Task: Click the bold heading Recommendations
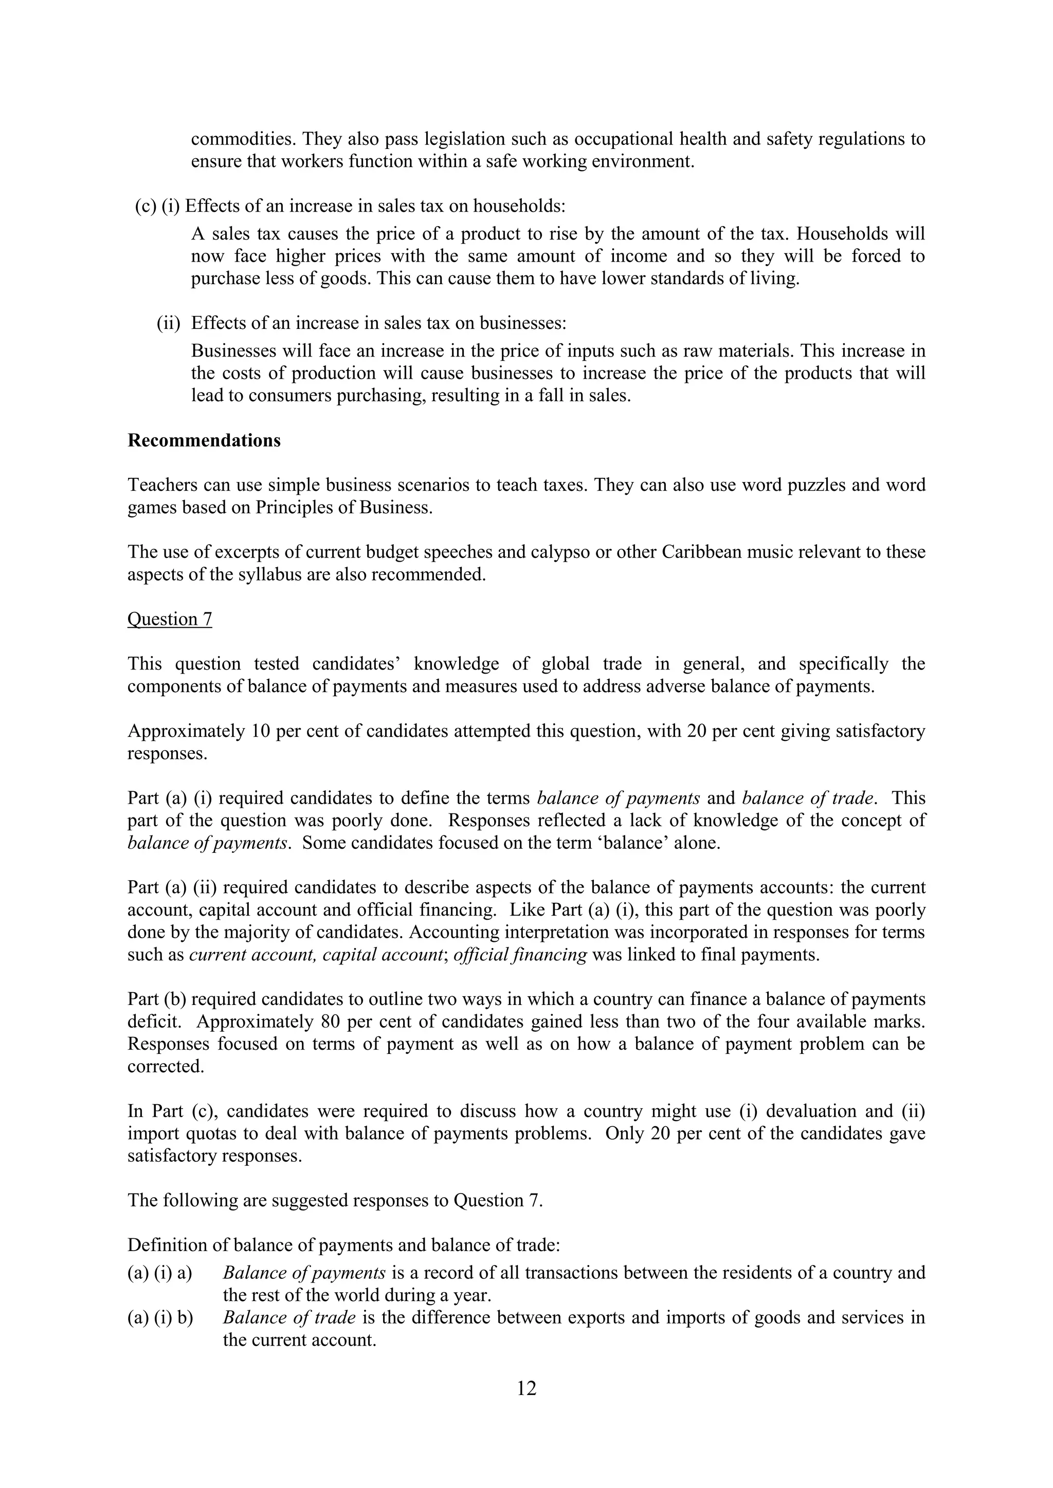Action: [204, 441]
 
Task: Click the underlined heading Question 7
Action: [170, 619]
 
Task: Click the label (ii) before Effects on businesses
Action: [169, 323]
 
